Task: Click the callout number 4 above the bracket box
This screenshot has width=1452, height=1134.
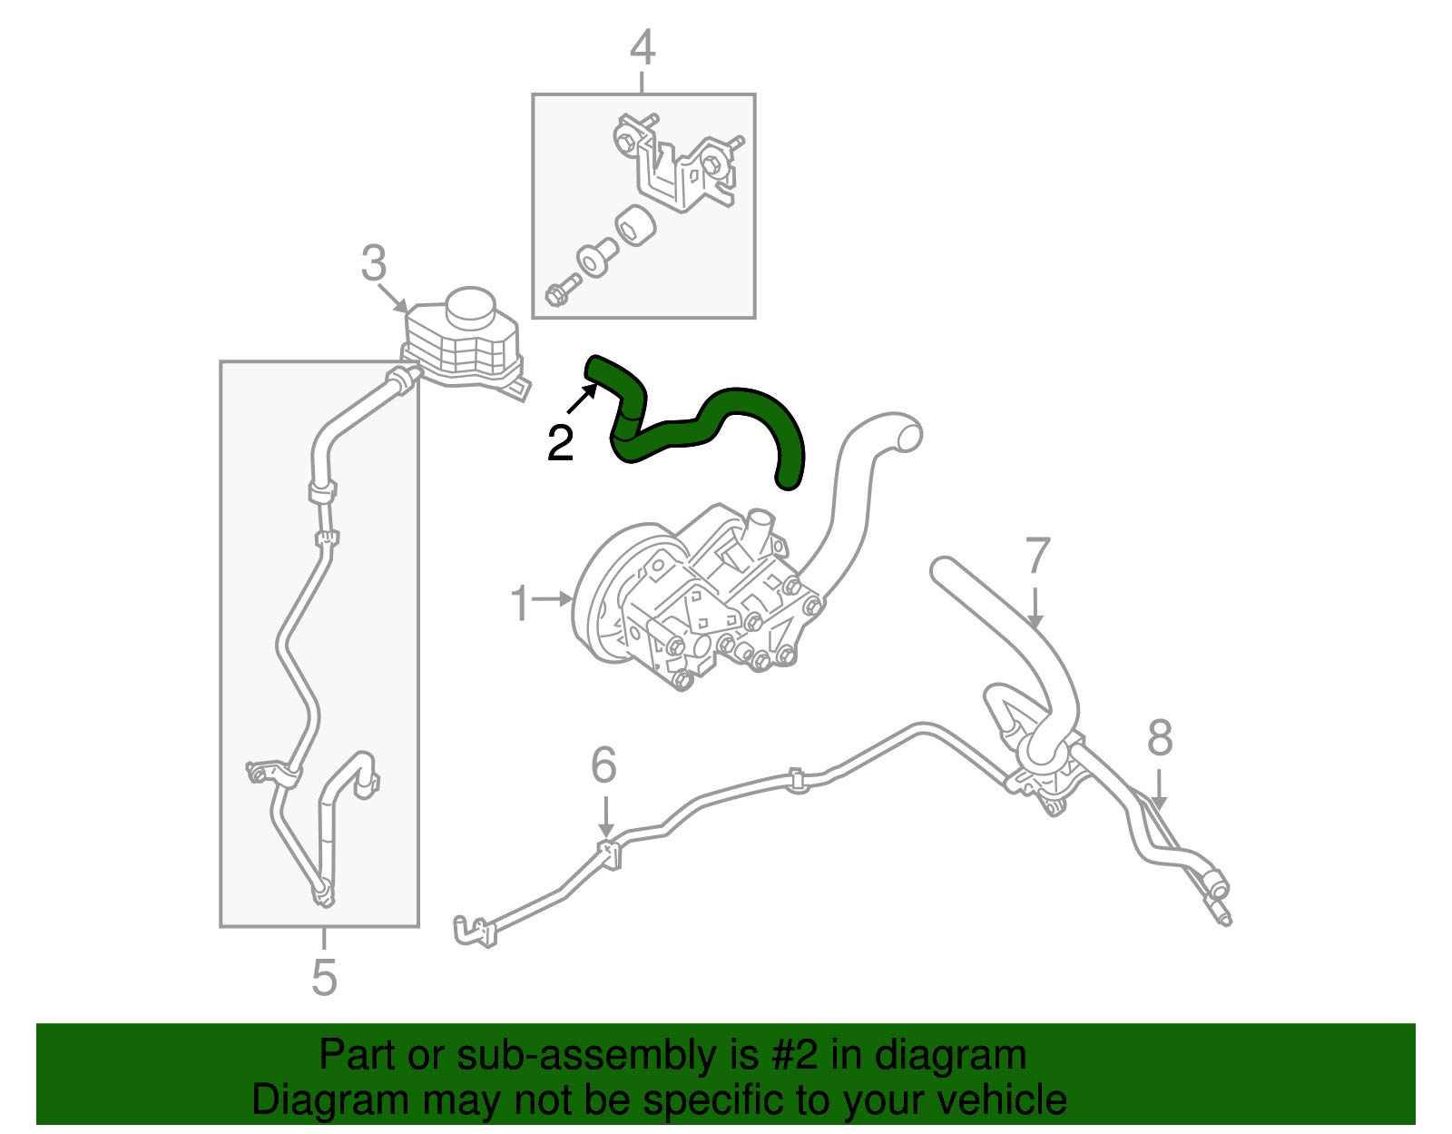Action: click(643, 48)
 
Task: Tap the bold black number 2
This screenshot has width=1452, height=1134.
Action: click(560, 443)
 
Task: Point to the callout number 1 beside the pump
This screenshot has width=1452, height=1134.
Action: click(520, 604)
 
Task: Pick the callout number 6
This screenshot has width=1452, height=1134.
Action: click(604, 765)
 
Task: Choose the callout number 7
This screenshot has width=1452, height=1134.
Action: click(1036, 556)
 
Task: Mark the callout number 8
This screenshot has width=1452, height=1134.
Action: click(1160, 738)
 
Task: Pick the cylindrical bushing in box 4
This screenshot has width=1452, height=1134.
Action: click(634, 227)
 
